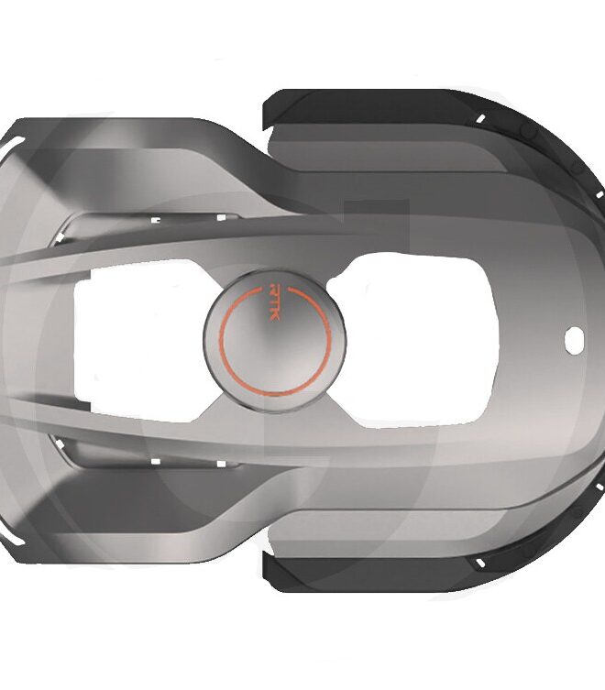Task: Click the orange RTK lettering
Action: point(273,301)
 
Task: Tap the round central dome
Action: point(275,341)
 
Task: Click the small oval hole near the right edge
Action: point(574,340)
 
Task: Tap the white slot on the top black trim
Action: point(481,119)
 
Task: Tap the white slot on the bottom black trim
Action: point(480,563)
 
